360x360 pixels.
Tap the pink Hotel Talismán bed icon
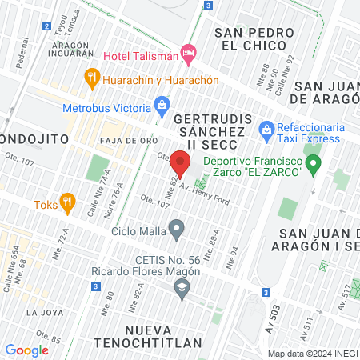[x=190, y=54]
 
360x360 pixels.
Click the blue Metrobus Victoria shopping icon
[x=162, y=105]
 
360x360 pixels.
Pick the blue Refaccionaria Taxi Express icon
[x=267, y=129]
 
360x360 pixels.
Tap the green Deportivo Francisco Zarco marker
[x=314, y=166]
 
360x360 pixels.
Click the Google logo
[x=27, y=350]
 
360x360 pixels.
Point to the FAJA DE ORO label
[x=121, y=141]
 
